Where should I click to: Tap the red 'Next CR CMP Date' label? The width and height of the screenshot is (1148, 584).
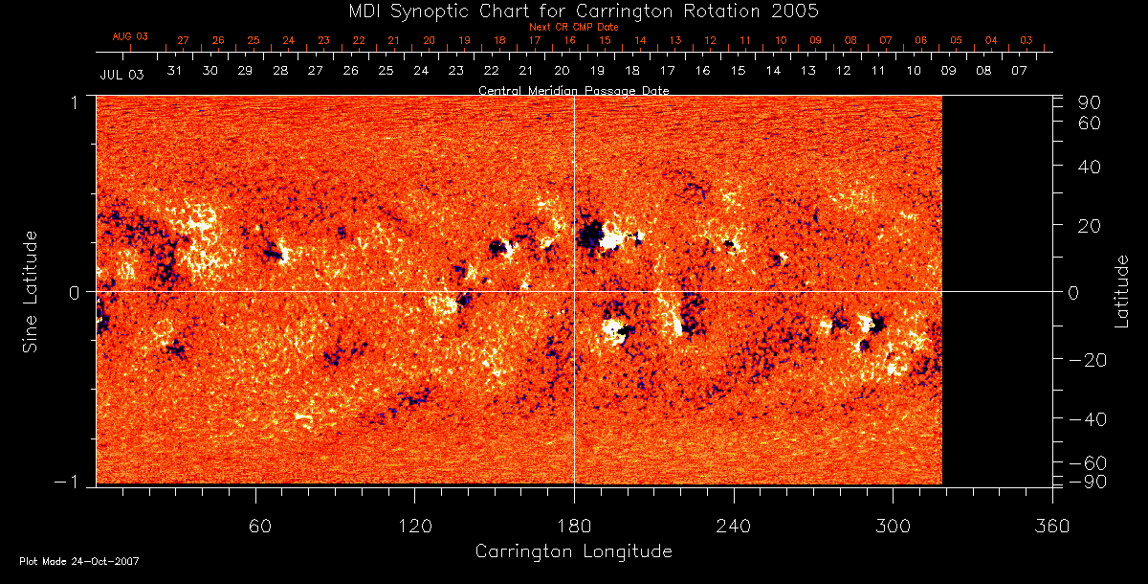point(574,27)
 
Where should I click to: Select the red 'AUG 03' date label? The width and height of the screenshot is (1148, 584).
point(131,36)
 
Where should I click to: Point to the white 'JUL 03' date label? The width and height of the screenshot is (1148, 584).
point(121,74)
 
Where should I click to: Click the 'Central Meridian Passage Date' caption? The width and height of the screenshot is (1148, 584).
point(574,90)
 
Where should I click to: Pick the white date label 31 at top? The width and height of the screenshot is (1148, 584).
point(174,71)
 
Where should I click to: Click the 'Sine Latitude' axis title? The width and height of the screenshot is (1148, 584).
point(31,290)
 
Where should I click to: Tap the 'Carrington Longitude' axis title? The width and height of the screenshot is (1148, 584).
point(574,551)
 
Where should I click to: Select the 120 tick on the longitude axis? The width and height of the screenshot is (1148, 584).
point(414,526)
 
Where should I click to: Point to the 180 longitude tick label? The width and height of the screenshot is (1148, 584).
point(574,526)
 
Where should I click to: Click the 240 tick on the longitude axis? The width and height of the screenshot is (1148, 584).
point(733,526)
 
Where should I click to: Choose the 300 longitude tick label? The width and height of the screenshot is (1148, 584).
point(893,526)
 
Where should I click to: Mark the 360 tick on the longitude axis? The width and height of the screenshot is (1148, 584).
point(1052,526)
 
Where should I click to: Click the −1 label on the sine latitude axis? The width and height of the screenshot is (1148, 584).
point(72,482)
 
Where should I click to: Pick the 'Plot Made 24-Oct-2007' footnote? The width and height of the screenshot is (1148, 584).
point(79,561)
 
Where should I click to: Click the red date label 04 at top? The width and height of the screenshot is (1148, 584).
point(991,40)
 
